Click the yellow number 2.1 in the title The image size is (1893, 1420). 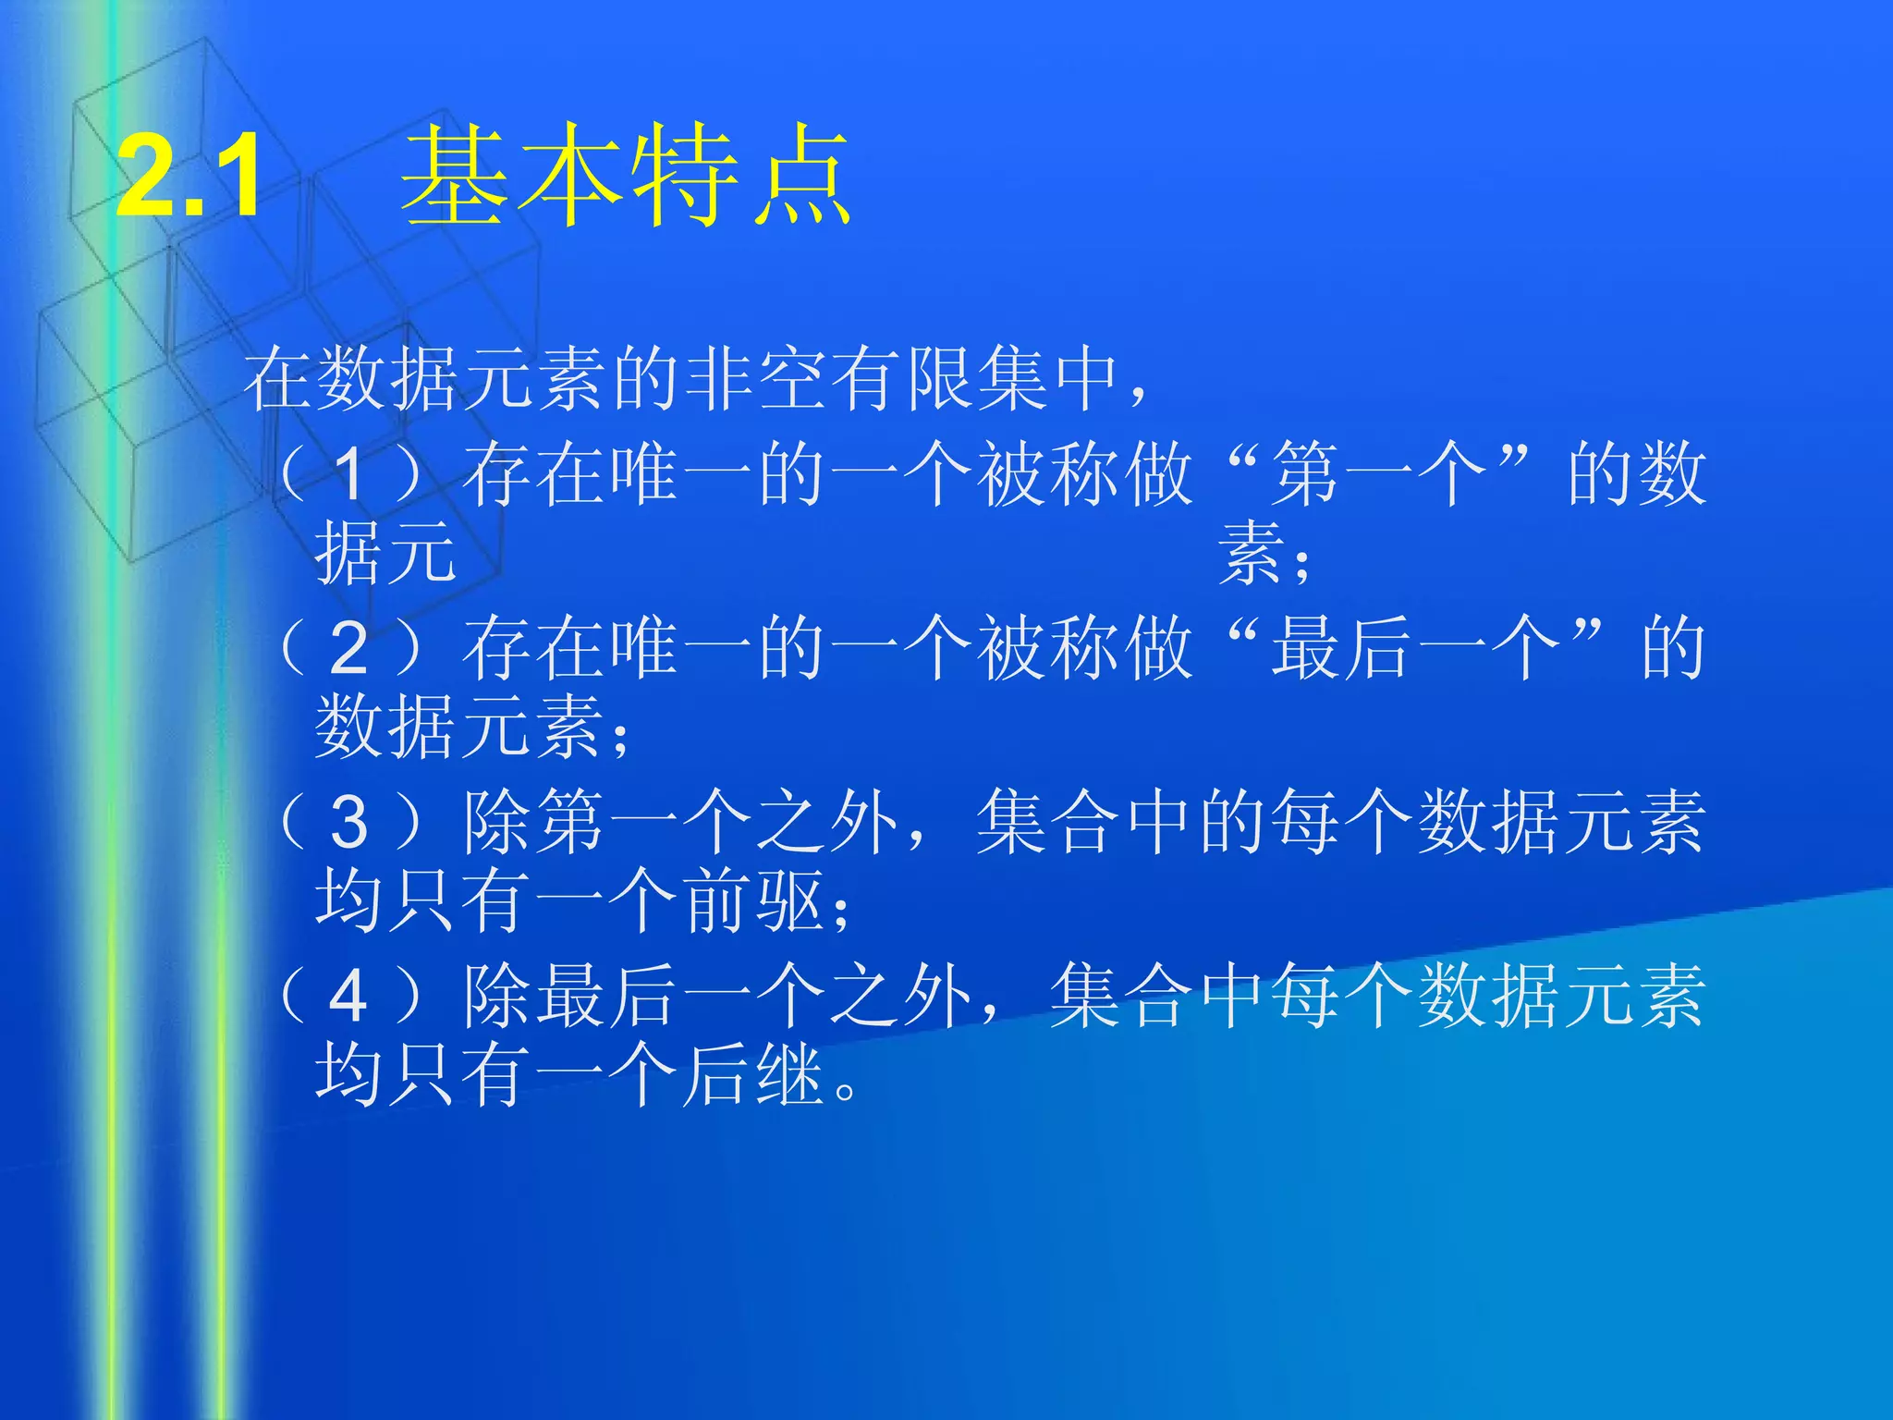click(189, 176)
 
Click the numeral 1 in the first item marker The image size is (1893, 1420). click(348, 474)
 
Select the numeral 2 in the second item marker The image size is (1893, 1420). click(348, 649)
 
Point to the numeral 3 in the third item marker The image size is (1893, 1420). click(348, 823)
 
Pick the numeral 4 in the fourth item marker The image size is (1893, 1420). click(348, 997)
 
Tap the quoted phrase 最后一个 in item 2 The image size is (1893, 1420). click(1414, 649)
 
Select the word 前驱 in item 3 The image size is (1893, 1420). click(753, 901)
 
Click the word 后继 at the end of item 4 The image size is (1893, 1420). click(753, 1075)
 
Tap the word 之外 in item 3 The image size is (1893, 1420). click(827, 823)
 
